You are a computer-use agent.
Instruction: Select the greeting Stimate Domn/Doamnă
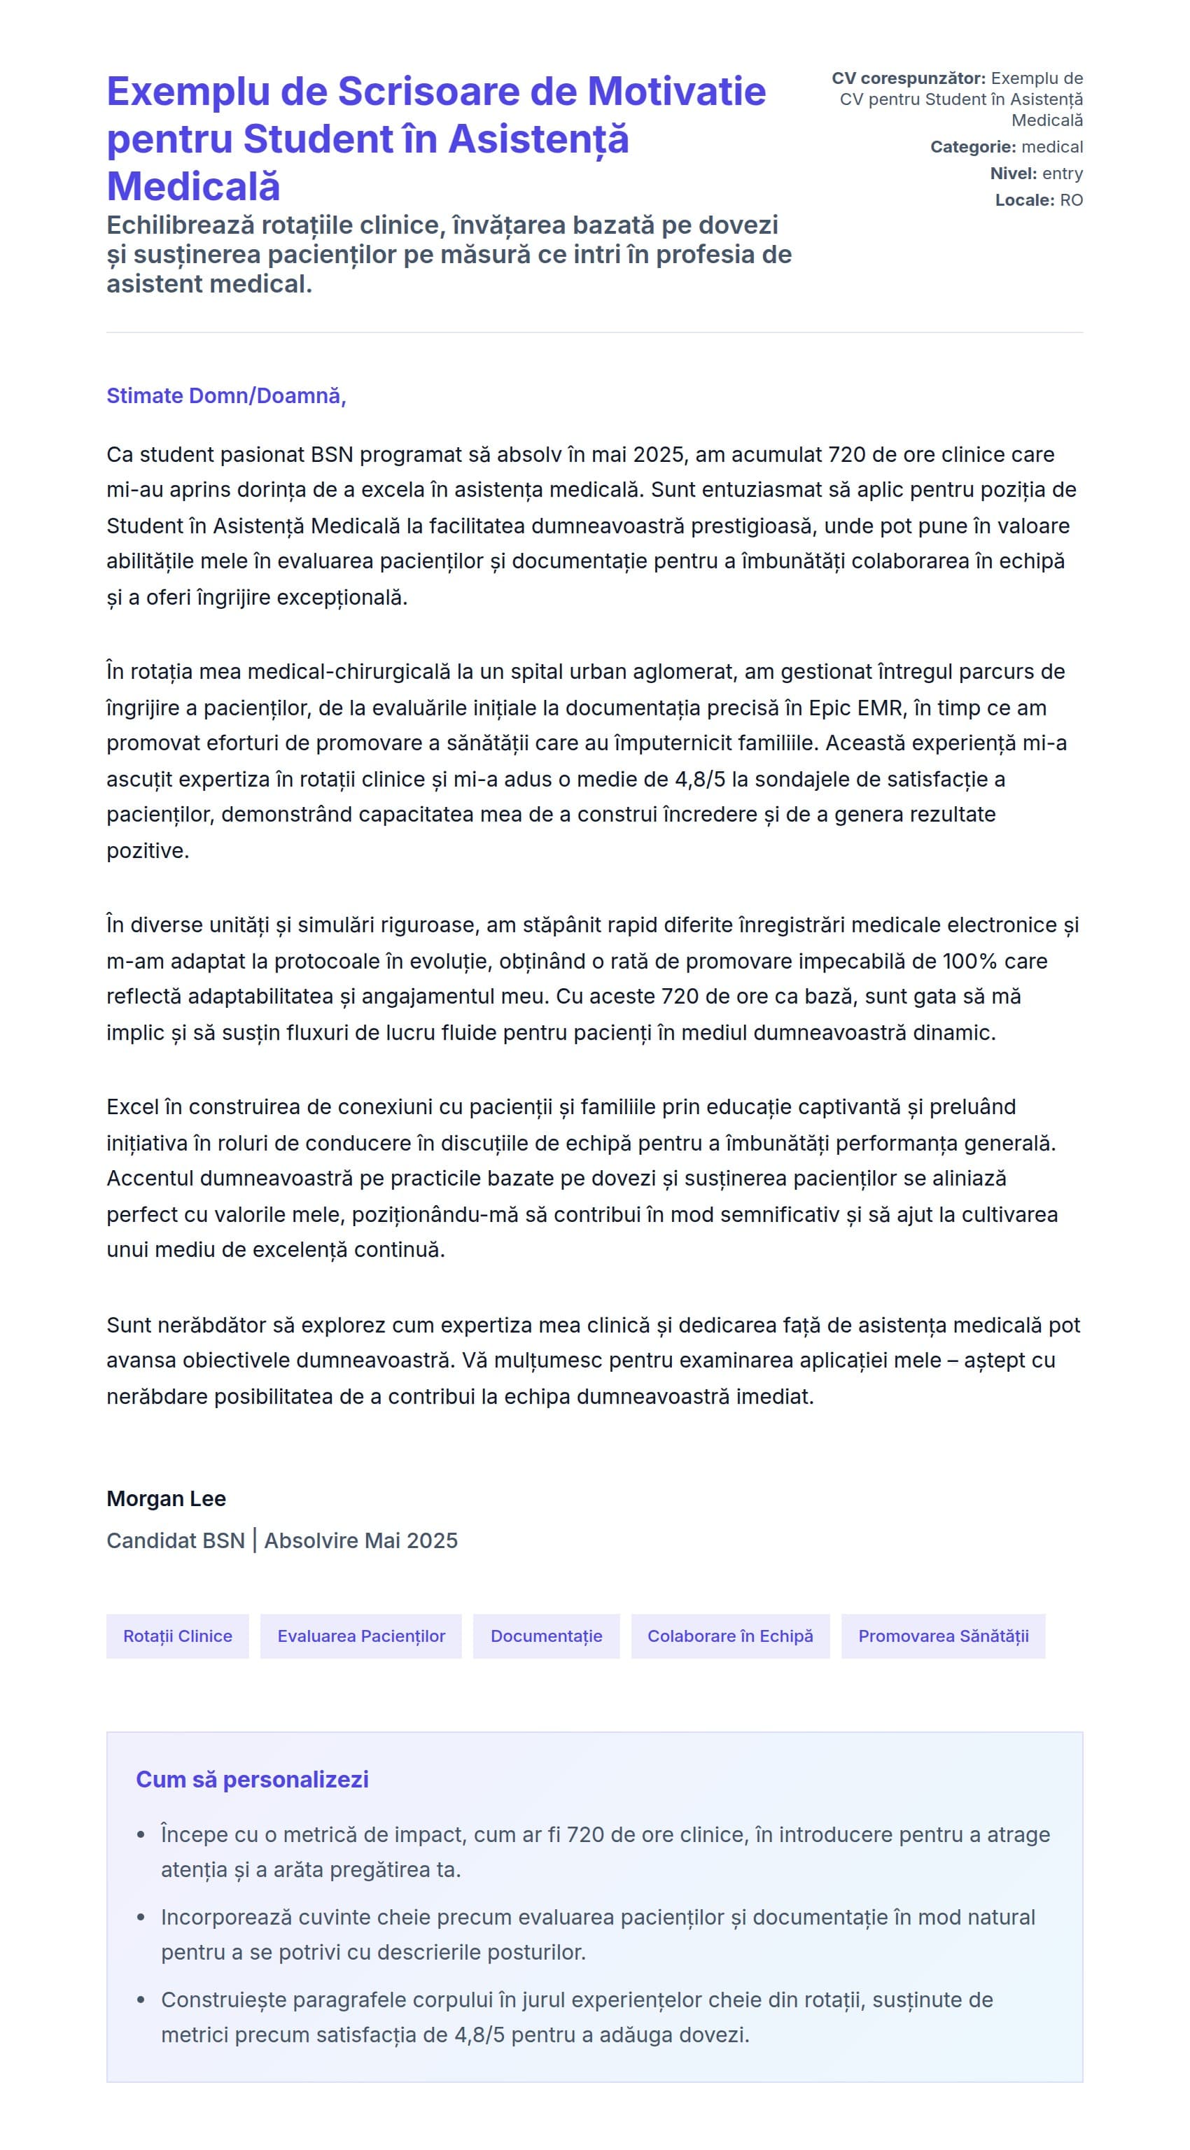click(x=225, y=395)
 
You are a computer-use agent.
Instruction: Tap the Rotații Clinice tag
click(x=178, y=1636)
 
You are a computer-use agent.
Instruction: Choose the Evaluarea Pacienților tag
click(x=361, y=1636)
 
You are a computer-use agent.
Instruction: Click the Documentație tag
click(x=546, y=1636)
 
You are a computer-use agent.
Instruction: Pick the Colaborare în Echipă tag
click(x=730, y=1636)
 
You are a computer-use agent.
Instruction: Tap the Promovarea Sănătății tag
click(x=943, y=1636)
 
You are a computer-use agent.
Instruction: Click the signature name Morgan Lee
click(x=166, y=1499)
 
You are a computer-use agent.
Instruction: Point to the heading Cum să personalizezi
click(x=252, y=1780)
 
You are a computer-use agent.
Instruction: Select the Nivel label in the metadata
click(x=1013, y=174)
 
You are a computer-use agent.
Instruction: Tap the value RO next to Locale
click(x=1072, y=200)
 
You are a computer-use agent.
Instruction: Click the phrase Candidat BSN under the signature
click(x=175, y=1540)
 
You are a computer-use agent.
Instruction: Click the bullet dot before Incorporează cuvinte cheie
click(x=141, y=1917)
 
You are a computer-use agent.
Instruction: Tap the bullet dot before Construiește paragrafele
click(x=141, y=2000)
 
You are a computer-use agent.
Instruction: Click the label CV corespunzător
click(x=908, y=78)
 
